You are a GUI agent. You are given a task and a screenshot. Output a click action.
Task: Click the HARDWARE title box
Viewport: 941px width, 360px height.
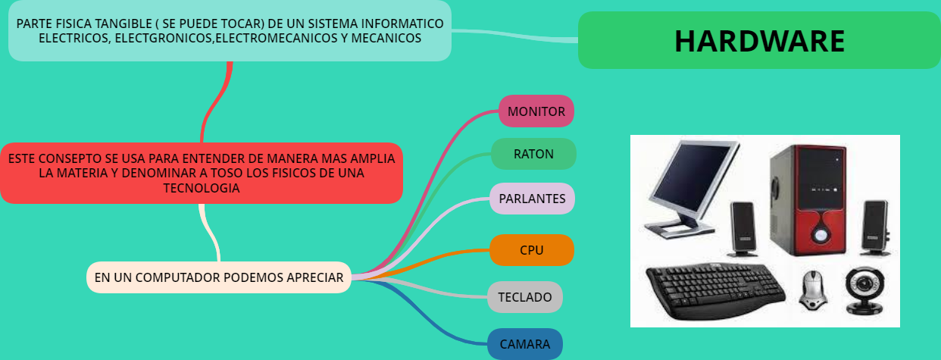(759, 40)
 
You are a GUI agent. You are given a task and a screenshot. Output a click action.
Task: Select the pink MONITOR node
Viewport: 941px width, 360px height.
(536, 111)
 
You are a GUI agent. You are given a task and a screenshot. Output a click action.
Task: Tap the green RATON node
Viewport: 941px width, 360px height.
(533, 154)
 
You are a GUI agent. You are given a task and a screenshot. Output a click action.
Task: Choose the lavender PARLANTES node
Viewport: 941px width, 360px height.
(532, 199)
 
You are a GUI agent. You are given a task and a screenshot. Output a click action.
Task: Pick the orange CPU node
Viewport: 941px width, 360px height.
(531, 250)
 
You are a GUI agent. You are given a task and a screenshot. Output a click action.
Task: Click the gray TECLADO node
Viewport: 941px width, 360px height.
(525, 297)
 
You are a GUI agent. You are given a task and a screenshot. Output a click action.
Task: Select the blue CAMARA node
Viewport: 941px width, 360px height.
(525, 344)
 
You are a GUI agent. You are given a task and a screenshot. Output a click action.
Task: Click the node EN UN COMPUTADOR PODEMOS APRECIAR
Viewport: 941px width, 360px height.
(219, 277)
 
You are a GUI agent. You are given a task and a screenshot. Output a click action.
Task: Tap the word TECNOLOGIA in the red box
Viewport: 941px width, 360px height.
(202, 189)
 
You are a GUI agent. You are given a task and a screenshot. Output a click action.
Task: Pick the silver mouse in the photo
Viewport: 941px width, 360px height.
(812, 290)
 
